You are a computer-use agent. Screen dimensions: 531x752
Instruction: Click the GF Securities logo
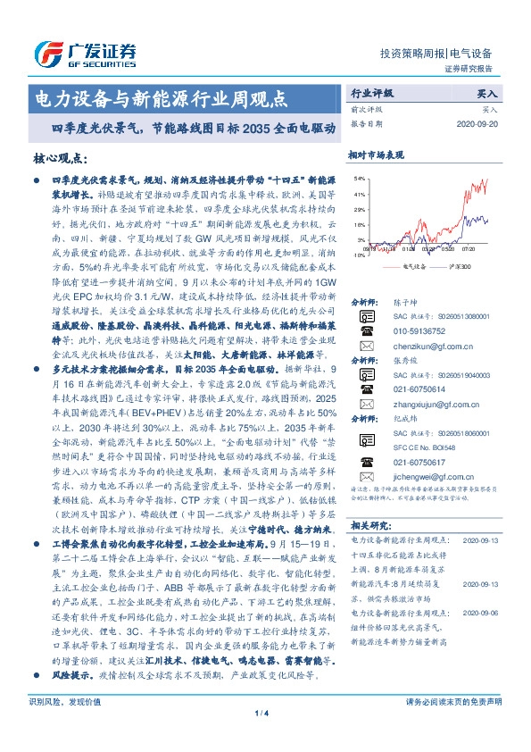click(85, 53)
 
